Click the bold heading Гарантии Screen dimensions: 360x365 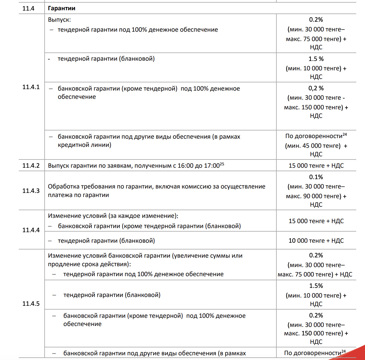click(x=62, y=8)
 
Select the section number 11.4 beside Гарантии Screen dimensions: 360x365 click(x=28, y=8)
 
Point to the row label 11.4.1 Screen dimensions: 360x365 click(x=31, y=87)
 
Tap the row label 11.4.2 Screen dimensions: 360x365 click(x=31, y=165)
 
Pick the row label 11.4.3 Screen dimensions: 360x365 click(x=31, y=191)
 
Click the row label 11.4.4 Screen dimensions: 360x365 click(x=31, y=230)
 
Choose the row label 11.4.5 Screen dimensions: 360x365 click(x=31, y=303)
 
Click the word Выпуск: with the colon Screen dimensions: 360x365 click(x=59, y=20)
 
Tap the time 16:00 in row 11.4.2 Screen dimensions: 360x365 click(x=185, y=166)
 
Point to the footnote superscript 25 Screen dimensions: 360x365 click(x=222, y=164)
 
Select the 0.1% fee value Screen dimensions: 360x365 click(x=316, y=177)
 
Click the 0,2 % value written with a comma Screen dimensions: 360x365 click(x=316, y=88)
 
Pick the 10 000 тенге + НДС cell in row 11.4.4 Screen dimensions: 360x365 click(x=316, y=241)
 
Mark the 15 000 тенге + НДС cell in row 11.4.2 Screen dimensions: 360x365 click(x=316, y=166)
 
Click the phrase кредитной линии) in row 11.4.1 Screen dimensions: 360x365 click(x=85, y=145)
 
